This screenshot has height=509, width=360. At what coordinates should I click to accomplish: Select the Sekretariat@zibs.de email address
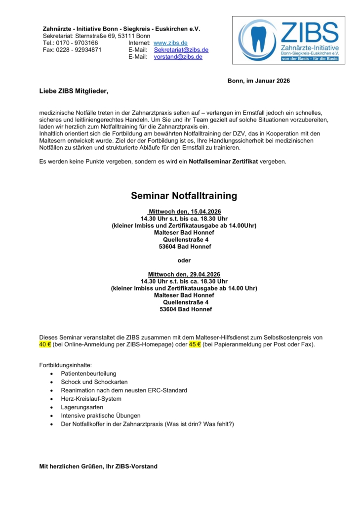tap(181, 50)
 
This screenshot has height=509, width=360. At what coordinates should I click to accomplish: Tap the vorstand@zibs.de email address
tap(178, 57)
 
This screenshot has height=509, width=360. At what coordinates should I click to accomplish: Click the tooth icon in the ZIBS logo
tap(258, 40)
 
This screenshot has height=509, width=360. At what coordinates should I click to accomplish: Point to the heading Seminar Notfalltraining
tap(184, 196)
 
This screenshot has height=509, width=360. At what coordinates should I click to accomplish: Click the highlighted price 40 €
tap(45, 344)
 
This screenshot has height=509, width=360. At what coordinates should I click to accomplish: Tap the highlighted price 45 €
tap(195, 344)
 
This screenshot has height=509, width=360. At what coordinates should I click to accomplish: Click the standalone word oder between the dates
tap(184, 260)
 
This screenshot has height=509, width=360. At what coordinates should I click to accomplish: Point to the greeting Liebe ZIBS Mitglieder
tap(73, 91)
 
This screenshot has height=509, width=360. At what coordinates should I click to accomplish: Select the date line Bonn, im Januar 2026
tap(258, 81)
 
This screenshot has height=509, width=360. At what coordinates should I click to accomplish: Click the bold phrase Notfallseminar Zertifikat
tap(223, 162)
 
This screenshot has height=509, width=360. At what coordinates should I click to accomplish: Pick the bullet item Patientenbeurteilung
tap(88, 374)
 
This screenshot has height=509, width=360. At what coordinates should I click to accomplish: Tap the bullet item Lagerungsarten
tap(82, 407)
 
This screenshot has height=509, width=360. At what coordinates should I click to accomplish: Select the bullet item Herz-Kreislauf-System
tap(91, 399)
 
